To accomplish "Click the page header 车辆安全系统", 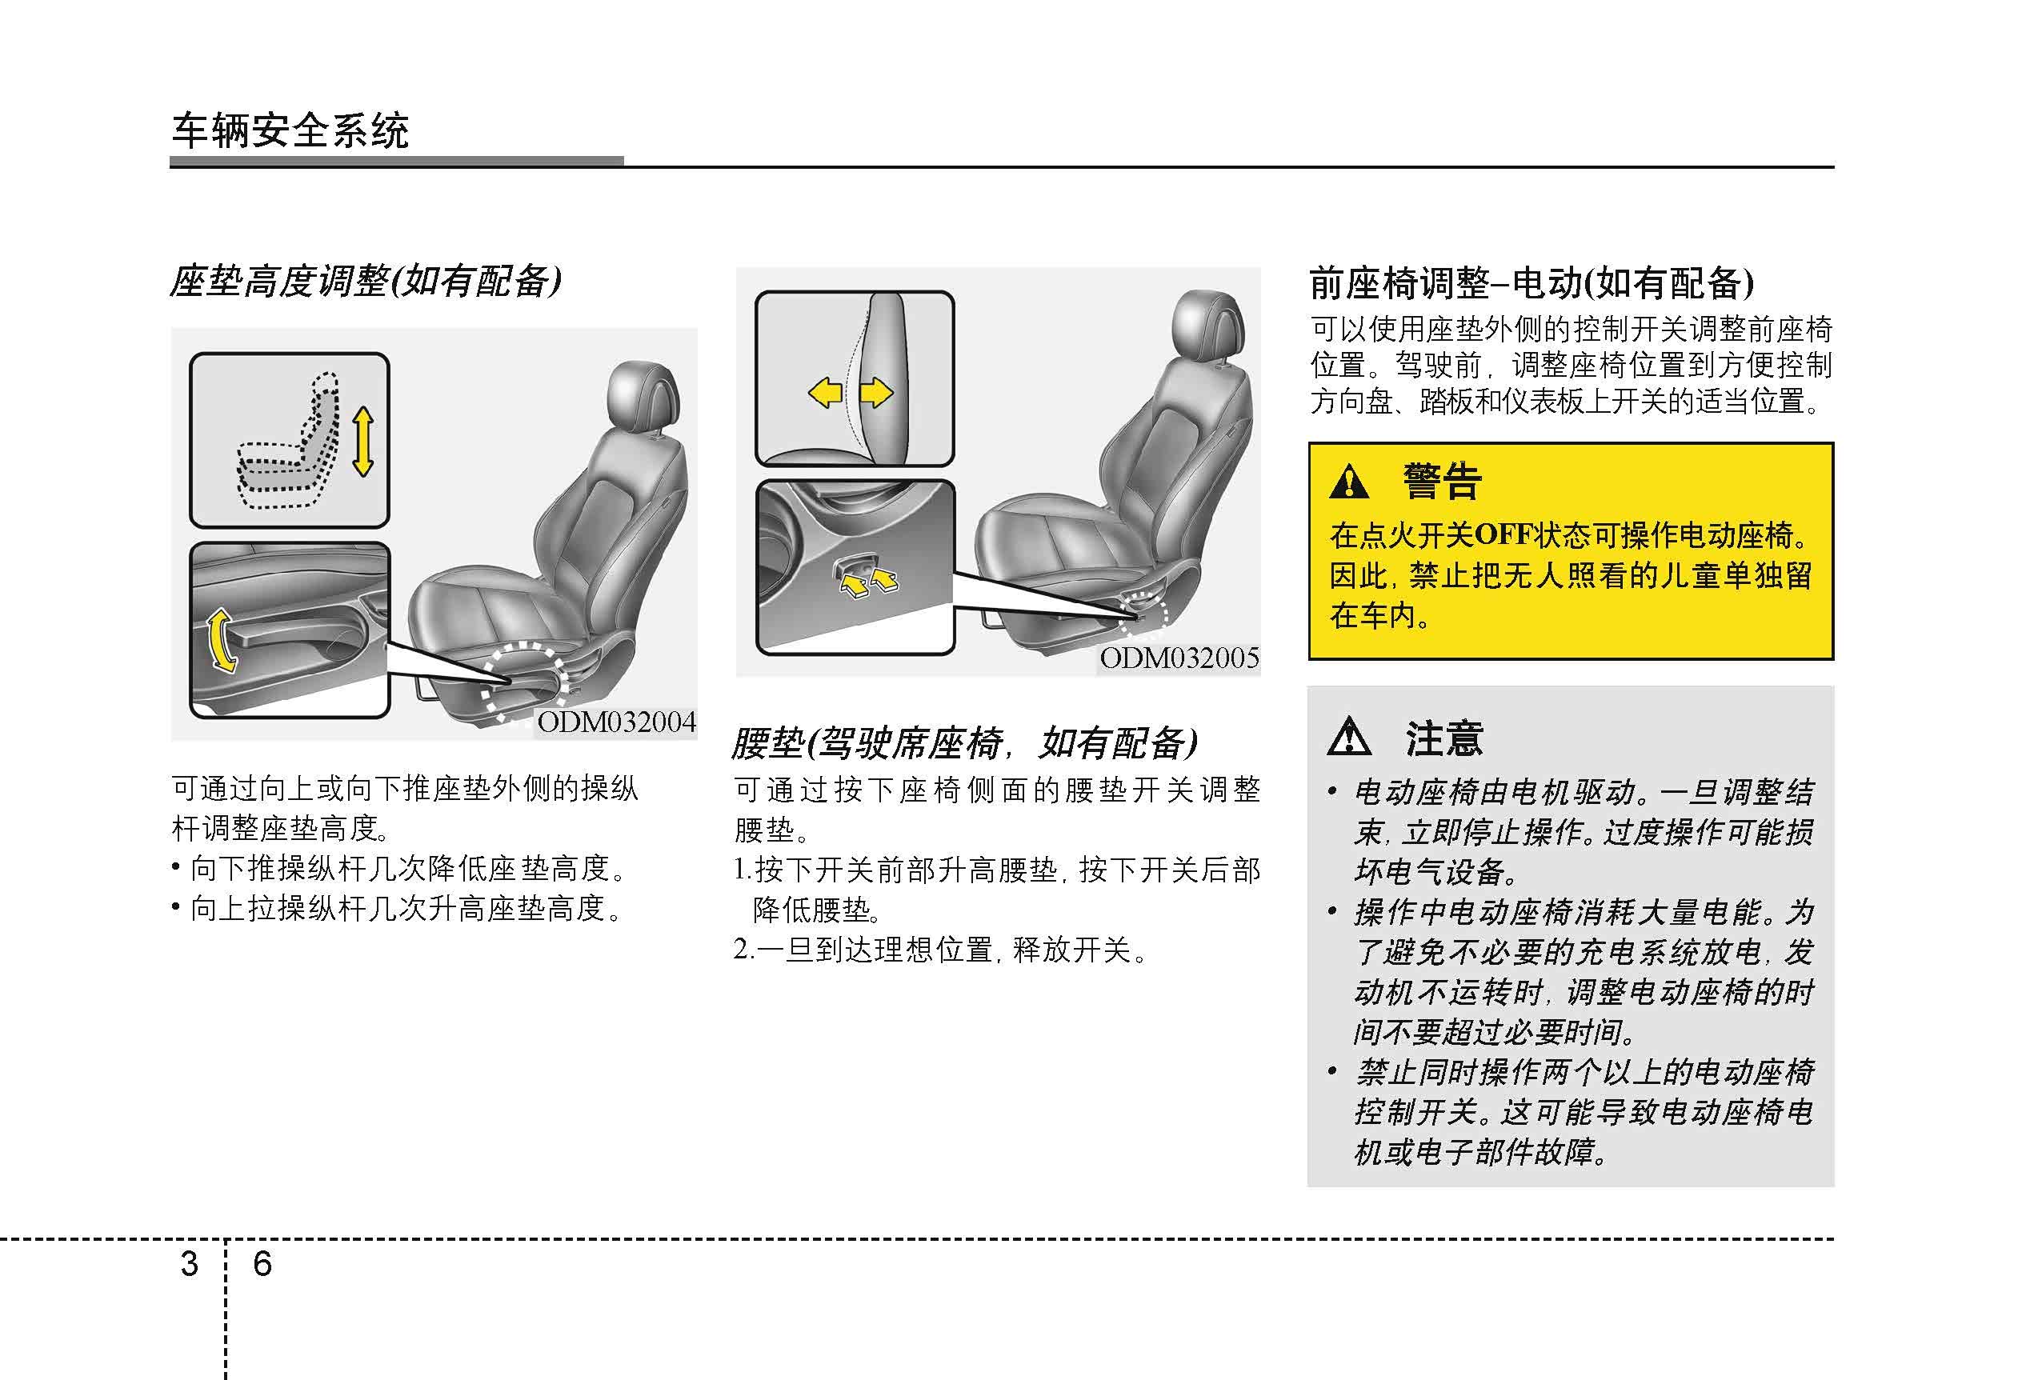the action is (290, 131).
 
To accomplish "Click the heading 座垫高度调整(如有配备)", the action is (366, 281).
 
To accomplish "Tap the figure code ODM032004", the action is (617, 722).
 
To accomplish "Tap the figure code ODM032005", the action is (1179, 658).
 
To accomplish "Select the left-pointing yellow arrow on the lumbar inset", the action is (825, 392).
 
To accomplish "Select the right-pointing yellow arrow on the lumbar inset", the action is (876, 392).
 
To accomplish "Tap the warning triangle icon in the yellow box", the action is (1349, 482).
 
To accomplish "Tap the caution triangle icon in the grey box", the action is (1349, 736).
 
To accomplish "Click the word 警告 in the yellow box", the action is (1442, 482).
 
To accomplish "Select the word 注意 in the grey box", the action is (1443, 738).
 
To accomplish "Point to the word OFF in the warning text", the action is (1503, 534).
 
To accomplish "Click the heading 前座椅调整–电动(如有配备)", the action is (1531, 283).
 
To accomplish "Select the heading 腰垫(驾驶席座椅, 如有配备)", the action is (965, 743).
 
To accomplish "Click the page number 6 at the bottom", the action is (262, 1264).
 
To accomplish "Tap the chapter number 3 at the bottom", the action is (189, 1264).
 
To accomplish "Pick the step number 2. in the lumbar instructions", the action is (743, 950).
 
